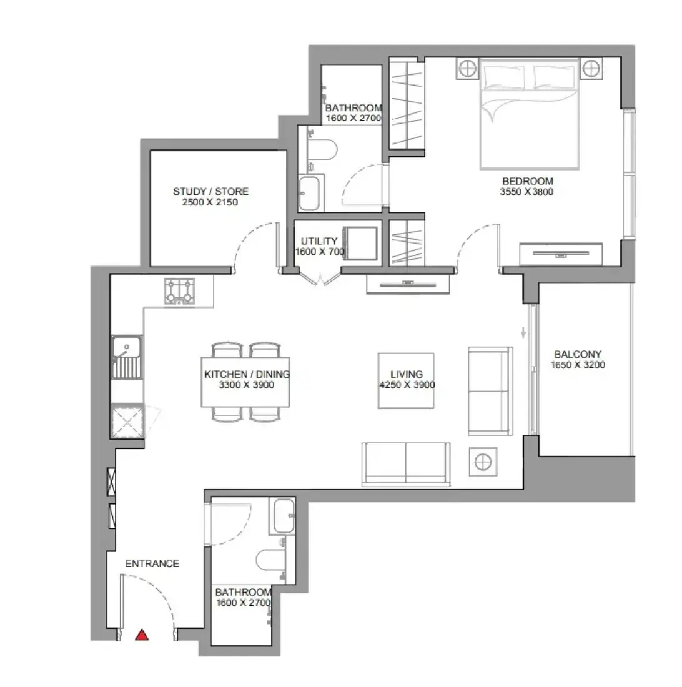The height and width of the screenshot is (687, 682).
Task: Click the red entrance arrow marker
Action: pos(142,635)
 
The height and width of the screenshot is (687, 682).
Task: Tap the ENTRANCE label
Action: pos(152,563)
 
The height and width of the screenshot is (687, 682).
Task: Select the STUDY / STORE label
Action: pos(210,192)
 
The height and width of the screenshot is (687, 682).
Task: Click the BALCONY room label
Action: pos(578,354)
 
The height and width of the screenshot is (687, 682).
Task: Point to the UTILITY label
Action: pos(319,241)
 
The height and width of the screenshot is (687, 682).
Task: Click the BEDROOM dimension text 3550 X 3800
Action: pos(526,192)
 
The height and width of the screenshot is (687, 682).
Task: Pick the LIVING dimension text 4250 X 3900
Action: pos(407,385)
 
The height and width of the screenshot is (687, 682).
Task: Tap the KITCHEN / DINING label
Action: pos(247,374)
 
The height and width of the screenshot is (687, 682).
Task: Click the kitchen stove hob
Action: pos(179,292)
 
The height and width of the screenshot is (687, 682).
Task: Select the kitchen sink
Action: pos(127,357)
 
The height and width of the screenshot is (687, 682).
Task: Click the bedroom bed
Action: pos(529,114)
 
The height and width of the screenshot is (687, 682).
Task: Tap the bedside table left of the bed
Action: pos(467,69)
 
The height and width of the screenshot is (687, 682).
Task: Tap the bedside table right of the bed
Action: pos(591,68)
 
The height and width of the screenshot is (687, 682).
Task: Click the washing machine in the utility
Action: pos(360,244)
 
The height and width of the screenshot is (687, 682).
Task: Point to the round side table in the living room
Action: pos(483,462)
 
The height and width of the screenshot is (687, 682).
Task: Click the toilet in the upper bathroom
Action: pos(322,149)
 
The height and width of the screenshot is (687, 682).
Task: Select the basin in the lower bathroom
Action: pos(284,516)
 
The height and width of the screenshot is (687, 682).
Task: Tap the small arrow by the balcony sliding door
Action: pos(523,332)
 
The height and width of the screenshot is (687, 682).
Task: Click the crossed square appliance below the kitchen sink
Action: pos(127,422)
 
